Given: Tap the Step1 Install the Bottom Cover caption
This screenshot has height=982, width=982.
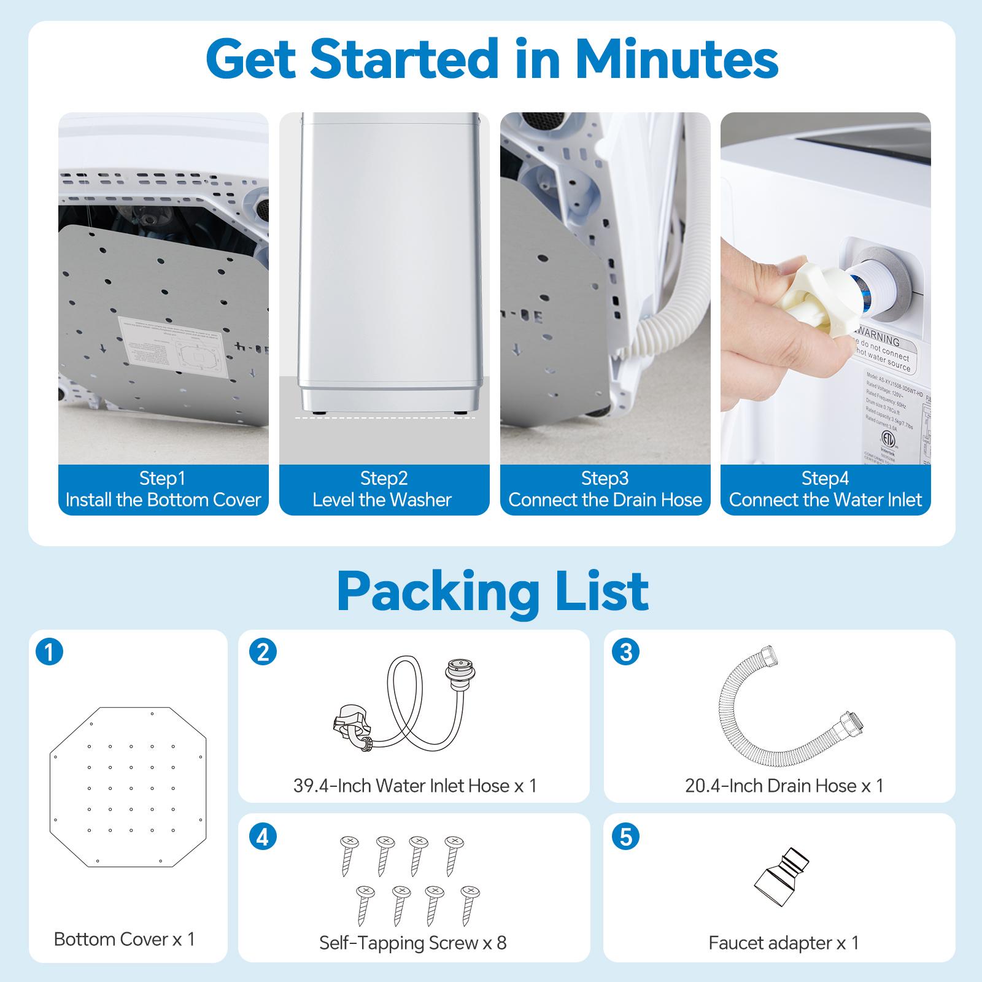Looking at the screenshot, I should (163, 489).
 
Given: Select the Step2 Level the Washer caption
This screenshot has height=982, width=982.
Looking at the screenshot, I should (384, 489).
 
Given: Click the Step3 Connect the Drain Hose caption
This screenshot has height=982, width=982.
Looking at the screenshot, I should (605, 489).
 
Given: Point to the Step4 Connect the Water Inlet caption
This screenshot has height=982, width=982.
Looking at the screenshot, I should (825, 489).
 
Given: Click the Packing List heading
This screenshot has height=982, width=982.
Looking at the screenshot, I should (492, 590).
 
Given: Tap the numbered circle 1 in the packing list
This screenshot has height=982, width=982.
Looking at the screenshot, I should (50, 651).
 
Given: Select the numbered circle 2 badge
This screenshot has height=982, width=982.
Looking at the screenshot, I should (263, 651).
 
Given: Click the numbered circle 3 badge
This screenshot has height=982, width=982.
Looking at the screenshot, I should (625, 651).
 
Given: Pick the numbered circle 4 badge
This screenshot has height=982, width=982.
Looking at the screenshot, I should (263, 837).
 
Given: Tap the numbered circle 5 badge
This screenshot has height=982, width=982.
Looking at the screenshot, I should (625, 837).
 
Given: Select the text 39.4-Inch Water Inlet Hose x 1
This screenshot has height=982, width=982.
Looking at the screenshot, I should (415, 786).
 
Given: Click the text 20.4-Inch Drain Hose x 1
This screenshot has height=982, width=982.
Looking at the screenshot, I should (784, 786).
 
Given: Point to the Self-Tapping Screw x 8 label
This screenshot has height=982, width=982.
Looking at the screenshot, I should (412, 943).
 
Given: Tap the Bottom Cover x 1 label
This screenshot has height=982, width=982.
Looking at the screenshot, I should (124, 939).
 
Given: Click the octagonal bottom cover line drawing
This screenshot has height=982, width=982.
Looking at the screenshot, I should (129, 787).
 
